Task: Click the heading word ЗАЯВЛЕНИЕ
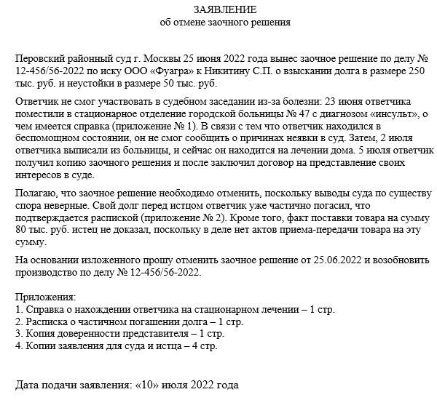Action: coord(225,9)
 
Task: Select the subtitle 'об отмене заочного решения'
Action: coord(225,23)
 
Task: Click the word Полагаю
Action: coord(35,195)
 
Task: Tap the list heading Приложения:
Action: coord(45,297)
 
